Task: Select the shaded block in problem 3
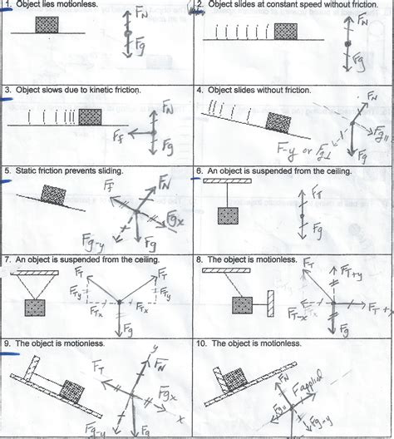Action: [91, 116]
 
